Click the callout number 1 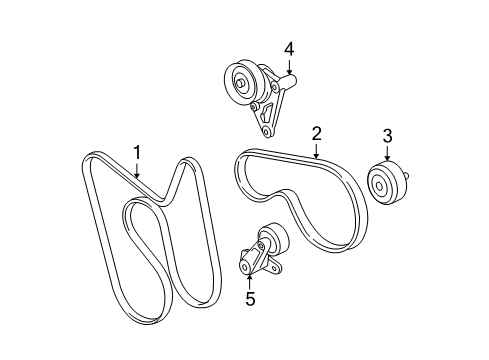click(137, 152)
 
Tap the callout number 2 click(316, 133)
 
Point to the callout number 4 click(288, 49)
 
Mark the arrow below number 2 click(316, 152)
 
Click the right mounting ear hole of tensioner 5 click(276, 272)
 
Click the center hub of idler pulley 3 click(380, 185)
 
